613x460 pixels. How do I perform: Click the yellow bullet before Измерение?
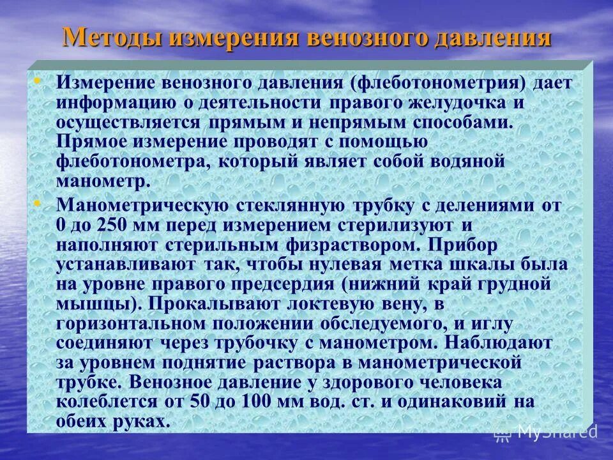[x=36, y=81]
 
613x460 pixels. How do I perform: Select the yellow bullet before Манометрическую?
[x=36, y=203]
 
